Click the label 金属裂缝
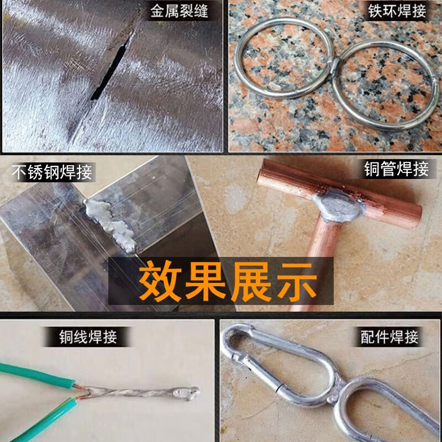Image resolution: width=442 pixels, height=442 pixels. click(180, 12)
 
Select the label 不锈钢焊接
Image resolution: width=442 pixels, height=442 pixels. click(52, 172)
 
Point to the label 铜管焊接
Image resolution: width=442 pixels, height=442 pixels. click(396, 169)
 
